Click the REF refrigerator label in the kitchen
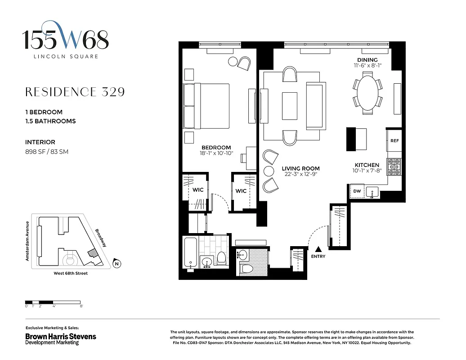tap(394, 141)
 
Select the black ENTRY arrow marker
tap(319, 249)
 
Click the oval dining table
tap(367, 93)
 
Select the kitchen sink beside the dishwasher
tap(372, 193)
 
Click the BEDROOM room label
tap(216, 148)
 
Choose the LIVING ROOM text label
tap(301, 169)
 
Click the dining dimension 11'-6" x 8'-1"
tap(367, 66)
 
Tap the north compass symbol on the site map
tap(116, 264)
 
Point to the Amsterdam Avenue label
tap(27, 241)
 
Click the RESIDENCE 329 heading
tap(75, 92)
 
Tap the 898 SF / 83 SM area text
tap(47, 152)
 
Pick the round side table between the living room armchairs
tap(269, 171)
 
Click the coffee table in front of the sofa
tap(290, 105)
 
